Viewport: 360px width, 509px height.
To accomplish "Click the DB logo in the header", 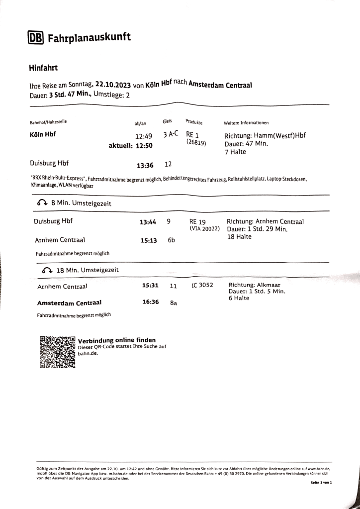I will pos(36,38).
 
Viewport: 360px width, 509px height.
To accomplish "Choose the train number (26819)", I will pos(196,143).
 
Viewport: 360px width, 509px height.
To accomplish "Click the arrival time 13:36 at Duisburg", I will pos(145,165).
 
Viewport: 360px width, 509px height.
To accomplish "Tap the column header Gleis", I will pos(168,120).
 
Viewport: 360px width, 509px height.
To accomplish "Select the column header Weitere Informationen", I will pos(247,122).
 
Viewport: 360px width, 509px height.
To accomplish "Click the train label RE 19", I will pos(197,221).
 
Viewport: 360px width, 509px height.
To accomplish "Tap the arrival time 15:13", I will pos(148,240).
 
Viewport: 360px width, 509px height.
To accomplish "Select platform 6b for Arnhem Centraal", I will pos(171,240).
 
